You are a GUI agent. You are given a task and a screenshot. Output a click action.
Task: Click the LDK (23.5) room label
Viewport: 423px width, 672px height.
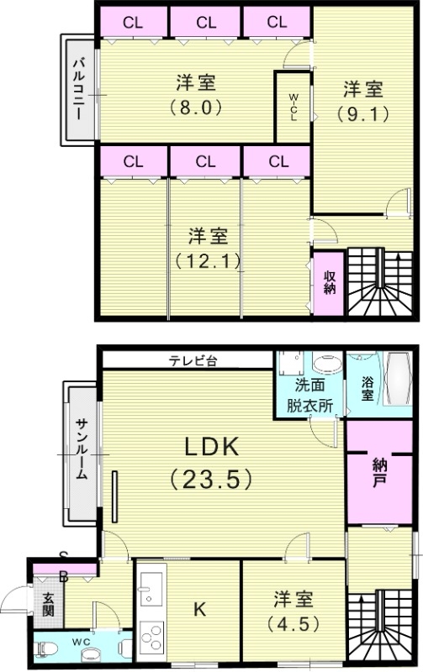click(x=210, y=462)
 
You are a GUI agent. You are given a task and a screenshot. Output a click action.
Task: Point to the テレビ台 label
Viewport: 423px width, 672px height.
click(x=193, y=361)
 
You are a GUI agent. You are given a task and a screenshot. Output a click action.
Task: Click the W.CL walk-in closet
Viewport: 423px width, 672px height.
click(x=293, y=107)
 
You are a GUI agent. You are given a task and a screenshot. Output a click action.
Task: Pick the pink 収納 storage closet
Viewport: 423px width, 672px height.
click(x=329, y=281)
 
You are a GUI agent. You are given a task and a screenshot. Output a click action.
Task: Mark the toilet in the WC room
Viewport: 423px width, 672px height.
click(x=51, y=648)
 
